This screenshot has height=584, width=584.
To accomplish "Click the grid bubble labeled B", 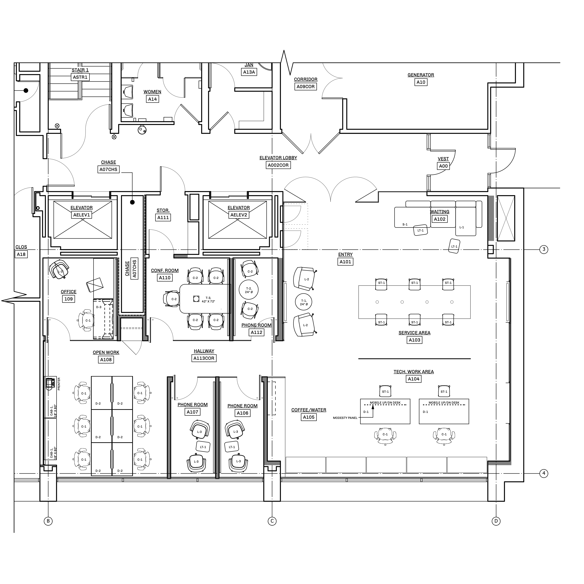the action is (48, 521).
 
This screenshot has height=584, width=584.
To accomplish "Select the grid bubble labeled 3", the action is (544, 249).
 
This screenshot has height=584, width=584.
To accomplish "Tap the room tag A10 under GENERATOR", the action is (421, 82).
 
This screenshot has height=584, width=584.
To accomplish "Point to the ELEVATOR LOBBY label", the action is (278, 158).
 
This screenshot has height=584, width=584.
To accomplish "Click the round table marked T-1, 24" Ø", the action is (304, 302).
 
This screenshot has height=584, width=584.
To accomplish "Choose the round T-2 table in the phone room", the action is (248, 289).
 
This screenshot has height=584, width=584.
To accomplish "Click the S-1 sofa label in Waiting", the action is (405, 224).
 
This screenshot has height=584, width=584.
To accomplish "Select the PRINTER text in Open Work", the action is (59, 384).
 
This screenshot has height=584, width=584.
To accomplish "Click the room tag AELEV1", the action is (82, 215).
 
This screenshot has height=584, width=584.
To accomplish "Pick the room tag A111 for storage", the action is (163, 217).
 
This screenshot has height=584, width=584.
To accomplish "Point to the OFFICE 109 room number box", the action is (69, 299).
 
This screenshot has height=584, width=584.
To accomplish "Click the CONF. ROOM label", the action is (165, 271).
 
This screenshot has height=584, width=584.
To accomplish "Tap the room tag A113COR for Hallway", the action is (204, 358).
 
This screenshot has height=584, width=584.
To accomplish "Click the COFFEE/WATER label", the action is (309, 410).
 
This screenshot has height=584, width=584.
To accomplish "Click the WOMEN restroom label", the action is (152, 92).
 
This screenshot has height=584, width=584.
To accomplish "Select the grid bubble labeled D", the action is (496, 521).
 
